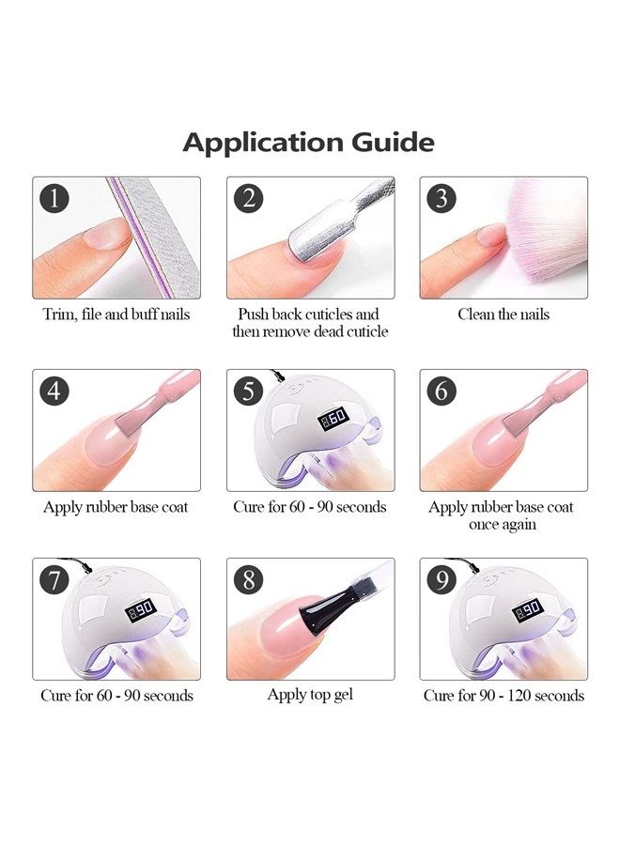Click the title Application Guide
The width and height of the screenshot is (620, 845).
pyautogui.click(x=308, y=143)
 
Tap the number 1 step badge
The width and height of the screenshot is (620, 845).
pyautogui.click(x=54, y=199)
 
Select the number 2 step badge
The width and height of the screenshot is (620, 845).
pyautogui.click(x=249, y=199)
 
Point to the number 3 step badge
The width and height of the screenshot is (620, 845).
pyautogui.click(x=442, y=199)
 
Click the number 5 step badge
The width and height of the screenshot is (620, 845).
pyautogui.click(x=249, y=391)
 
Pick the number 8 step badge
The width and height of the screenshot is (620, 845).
pyautogui.click(x=249, y=580)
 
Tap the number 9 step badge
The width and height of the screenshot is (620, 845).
pyautogui.click(x=442, y=580)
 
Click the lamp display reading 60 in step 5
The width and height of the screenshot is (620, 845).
pyautogui.click(x=333, y=416)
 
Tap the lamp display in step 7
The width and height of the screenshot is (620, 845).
pyautogui.click(x=140, y=608)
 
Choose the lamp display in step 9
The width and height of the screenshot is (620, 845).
pyautogui.click(x=527, y=608)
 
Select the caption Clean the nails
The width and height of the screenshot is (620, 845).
pyautogui.click(x=503, y=315)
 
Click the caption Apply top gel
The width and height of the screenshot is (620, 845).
pyautogui.click(x=310, y=695)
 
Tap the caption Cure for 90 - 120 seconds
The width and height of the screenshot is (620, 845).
pyautogui.click(x=503, y=696)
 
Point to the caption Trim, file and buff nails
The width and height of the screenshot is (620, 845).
pyautogui.click(x=116, y=315)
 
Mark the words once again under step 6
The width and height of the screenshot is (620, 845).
pyautogui.click(x=503, y=525)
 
